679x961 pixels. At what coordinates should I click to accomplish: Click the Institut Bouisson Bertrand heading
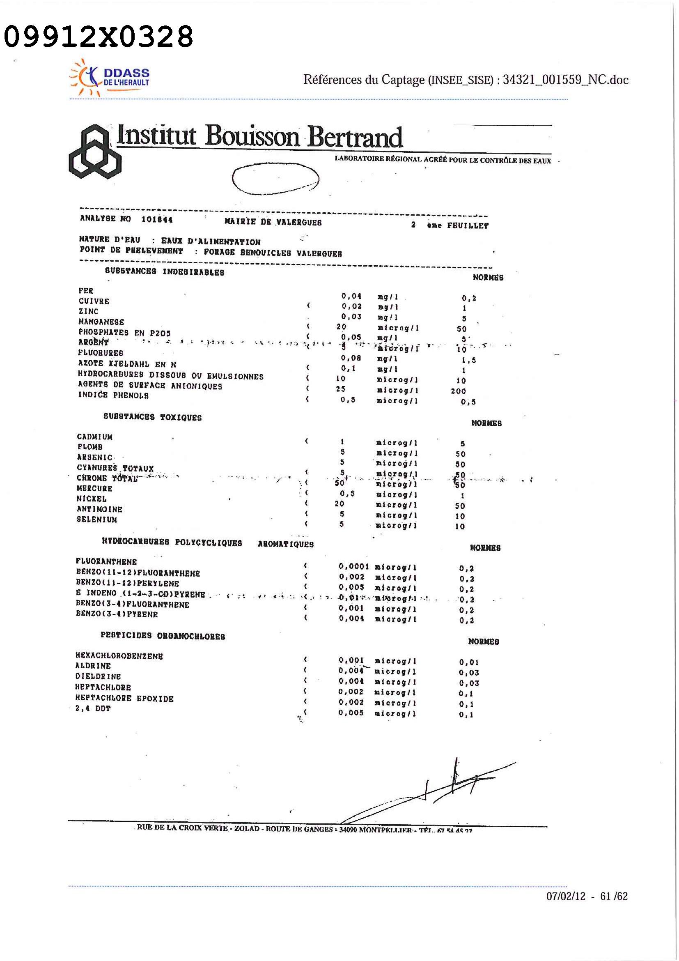tap(259, 136)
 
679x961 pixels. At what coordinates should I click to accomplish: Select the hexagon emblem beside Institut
tap(94, 152)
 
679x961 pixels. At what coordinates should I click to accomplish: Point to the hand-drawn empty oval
tap(275, 179)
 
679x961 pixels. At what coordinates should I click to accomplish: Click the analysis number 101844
tap(157, 219)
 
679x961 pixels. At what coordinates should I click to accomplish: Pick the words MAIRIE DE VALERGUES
tap(273, 222)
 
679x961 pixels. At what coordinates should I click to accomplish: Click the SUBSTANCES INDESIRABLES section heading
tap(165, 271)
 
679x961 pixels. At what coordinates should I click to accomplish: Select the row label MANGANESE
tap(101, 322)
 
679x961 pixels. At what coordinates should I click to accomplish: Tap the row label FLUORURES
tap(101, 353)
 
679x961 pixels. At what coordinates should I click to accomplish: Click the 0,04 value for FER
tap(351, 297)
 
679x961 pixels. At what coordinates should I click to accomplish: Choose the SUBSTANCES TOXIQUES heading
tap(152, 417)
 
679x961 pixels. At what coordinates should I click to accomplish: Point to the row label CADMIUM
tap(94, 437)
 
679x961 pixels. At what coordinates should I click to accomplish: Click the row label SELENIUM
tap(96, 520)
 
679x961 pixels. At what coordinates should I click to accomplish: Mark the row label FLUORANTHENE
tap(106, 561)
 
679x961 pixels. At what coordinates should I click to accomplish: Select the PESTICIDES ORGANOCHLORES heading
tap(163, 636)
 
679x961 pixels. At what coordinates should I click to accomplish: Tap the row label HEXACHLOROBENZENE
tap(119, 656)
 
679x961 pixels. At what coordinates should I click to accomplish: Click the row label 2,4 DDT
tap(93, 708)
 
